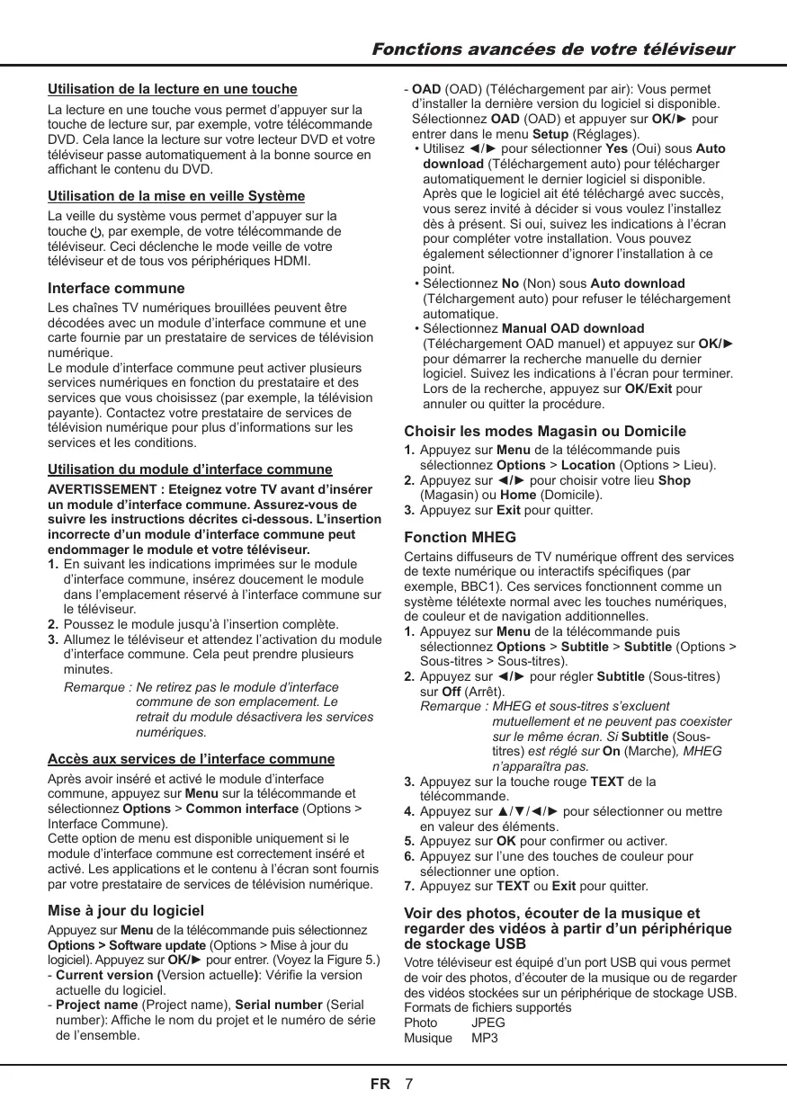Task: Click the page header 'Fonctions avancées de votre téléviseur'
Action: point(553,49)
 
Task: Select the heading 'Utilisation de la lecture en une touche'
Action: point(172,89)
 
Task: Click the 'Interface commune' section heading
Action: point(116,289)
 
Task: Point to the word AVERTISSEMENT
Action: point(102,489)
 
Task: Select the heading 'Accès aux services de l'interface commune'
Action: point(191,758)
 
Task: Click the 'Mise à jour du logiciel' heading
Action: point(126,910)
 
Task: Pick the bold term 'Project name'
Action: point(97,1005)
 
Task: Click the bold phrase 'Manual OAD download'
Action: point(572,328)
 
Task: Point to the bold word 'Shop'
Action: point(675,480)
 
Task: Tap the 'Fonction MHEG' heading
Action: point(460,537)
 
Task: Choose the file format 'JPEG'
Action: point(488,1023)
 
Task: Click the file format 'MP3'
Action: point(485,1039)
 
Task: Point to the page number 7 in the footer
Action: point(409,1084)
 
